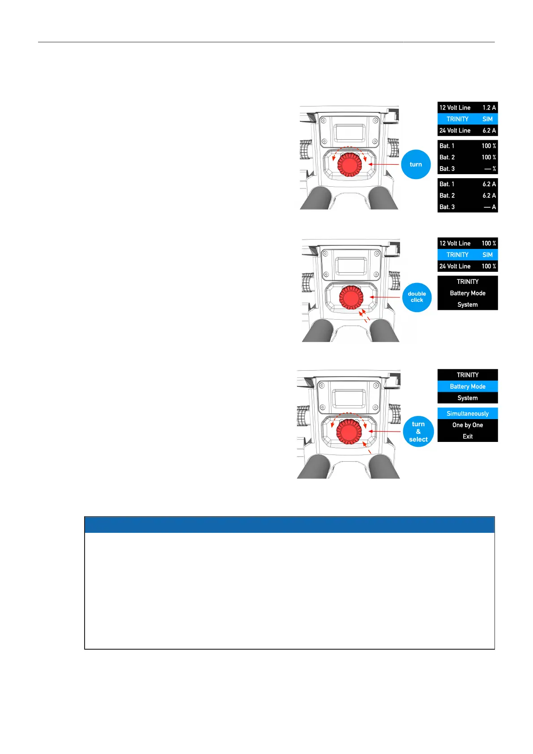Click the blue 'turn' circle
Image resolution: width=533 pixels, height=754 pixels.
coord(416,164)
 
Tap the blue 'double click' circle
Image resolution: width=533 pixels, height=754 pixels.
coord(417,297)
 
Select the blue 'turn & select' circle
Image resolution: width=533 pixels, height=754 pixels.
coord(418,432)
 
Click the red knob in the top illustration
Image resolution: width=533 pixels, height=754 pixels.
coord(350,164)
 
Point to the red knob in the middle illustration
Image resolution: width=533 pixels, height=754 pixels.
coord(351,297)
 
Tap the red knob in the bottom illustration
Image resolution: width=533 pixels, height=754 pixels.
coord(349,432)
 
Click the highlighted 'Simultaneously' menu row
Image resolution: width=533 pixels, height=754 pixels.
coord(467,413)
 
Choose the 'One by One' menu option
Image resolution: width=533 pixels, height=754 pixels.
coord(467,425)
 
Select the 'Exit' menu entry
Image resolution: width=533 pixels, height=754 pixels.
coord(467,436)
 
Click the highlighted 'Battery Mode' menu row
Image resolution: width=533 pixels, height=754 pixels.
coord(467,386)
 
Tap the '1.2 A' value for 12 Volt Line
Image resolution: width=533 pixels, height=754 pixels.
coord(489,107)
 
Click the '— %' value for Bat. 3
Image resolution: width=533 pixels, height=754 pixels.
coord(490,169)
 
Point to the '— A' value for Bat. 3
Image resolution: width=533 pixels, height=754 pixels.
coord(490,207)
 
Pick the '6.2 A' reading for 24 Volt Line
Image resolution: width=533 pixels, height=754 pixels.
coord(489,130)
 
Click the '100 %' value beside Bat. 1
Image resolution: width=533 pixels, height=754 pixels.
coord(488,146)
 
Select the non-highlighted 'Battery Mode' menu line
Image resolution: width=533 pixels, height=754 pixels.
coord(467,293)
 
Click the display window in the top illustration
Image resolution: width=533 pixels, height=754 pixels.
coord(349,132)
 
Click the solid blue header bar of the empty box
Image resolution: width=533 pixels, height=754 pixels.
coord(289,524)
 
